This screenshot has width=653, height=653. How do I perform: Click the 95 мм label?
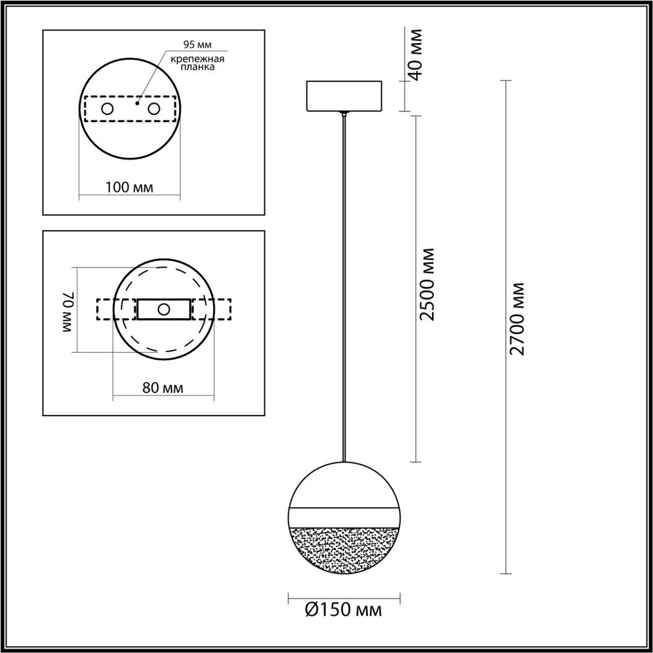189,44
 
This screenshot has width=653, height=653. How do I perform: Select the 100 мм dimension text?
130,188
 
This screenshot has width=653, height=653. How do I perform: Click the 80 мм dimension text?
162,389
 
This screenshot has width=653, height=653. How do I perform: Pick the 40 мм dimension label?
416,53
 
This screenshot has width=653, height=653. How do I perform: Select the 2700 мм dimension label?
519,319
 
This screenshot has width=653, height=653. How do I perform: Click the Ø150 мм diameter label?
343,610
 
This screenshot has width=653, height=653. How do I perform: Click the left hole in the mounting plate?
107,109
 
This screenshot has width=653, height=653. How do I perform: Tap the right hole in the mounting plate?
155,109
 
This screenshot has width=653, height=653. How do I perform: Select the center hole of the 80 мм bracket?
163,310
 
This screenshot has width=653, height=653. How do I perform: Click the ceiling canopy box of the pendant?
344,96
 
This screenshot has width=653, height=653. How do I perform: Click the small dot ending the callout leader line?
138,102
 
